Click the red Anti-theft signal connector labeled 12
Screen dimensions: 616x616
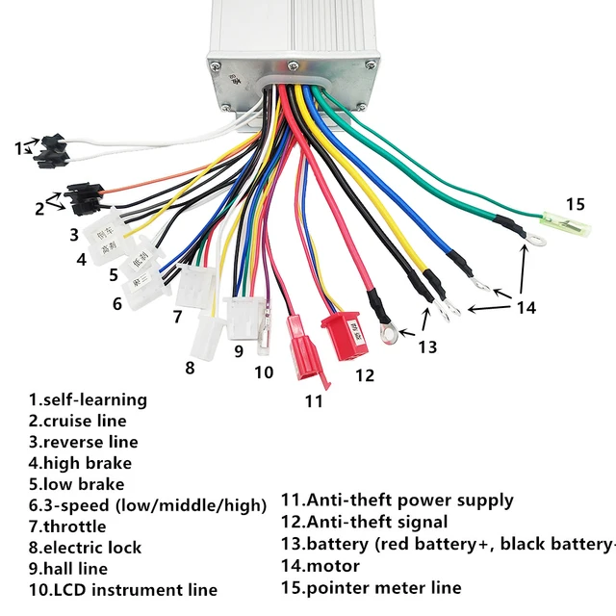(x=342, y=333)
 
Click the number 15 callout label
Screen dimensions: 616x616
(x=575, y=204)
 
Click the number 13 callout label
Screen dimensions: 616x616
(x=426, y=346)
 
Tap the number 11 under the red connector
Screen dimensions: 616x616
(x=314, y=401)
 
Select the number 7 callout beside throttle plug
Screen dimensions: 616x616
(x=177, y=316)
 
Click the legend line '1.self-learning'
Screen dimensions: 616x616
(x=88, y=399)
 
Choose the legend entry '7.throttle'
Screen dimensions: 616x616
(x=67, y=526)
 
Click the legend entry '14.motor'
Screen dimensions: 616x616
(x=321, y=566)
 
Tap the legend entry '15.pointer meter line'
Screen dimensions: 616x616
(x=372, y=587)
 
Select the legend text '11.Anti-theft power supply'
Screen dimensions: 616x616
(x=397, y=500)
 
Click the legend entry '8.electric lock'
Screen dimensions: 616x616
(x=85, y=548)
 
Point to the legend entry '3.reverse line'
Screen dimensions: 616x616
(x=83, y=442)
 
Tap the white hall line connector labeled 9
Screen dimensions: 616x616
(x=239, y=313)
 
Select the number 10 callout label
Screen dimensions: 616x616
(x=264, y=372)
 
